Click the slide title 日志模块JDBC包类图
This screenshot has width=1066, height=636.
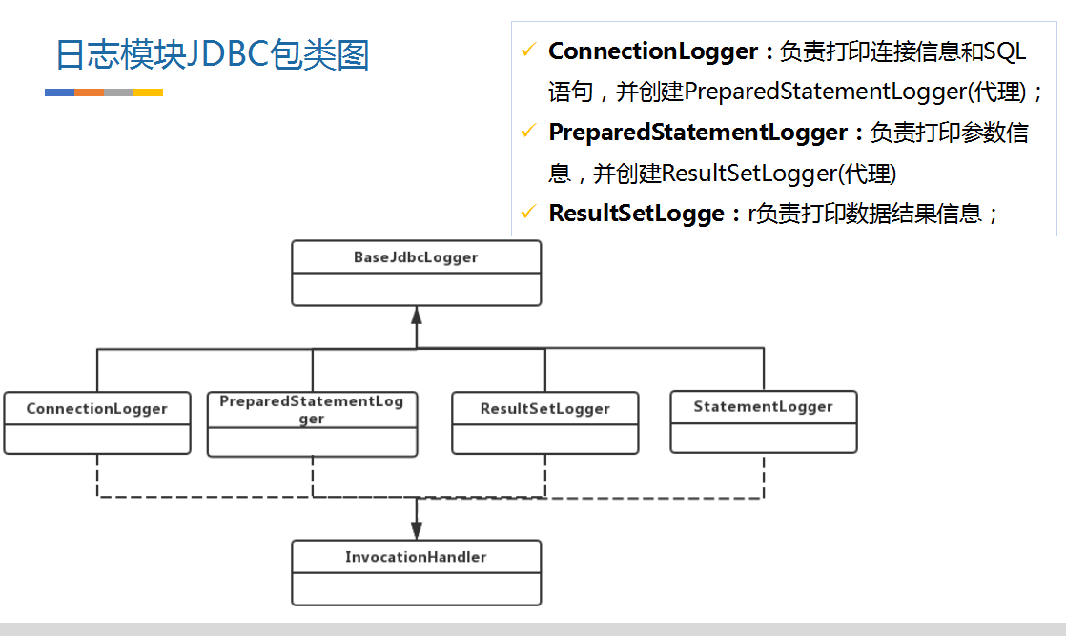212,54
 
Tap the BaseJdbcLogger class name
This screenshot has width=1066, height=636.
416,257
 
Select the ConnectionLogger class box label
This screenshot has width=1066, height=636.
96,409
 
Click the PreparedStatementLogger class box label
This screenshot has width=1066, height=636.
312,410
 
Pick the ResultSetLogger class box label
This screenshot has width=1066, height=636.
544,409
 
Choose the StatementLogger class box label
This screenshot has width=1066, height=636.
763,407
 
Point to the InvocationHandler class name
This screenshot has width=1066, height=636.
416,557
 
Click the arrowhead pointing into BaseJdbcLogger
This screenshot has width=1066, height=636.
416,315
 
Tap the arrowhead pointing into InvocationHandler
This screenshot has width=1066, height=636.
416,531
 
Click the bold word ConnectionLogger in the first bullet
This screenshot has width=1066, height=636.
652,51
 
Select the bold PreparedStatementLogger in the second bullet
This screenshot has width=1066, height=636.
698,133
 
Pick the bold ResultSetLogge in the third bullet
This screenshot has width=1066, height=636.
636,214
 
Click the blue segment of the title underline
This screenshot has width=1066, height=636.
59,92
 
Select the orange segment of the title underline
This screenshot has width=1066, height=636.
89,92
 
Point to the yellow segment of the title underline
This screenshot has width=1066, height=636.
148,92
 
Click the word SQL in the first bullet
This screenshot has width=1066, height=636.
1004,51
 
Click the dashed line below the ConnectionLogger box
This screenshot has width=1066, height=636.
96,475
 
